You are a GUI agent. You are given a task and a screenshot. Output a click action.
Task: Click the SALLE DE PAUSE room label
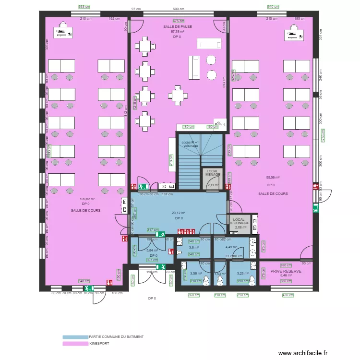(x=177, y=27)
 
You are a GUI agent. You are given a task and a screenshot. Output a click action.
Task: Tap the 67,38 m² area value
(x=177, y=32)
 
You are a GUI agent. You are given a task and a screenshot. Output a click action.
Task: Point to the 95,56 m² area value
(x=273, y=177)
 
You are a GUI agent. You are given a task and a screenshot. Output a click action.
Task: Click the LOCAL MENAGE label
(x=213, y=173)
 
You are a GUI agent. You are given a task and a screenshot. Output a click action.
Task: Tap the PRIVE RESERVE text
(x=286, y=271)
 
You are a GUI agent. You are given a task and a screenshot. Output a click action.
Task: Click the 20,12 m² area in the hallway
(x=179, y=213)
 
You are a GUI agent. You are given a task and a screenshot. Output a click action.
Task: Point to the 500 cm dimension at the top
(x=178, y=9)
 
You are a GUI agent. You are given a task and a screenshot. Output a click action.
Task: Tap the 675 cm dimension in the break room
(x=178, y=21)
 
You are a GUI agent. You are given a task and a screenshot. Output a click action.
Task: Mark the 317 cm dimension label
(x=153, y=230)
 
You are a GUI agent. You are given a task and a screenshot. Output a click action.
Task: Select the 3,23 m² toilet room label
(x=242, y=274)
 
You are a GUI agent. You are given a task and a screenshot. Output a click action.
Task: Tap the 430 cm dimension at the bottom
(x=288, y=295)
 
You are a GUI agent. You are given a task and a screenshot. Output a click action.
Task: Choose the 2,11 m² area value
(x=213, y=185)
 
